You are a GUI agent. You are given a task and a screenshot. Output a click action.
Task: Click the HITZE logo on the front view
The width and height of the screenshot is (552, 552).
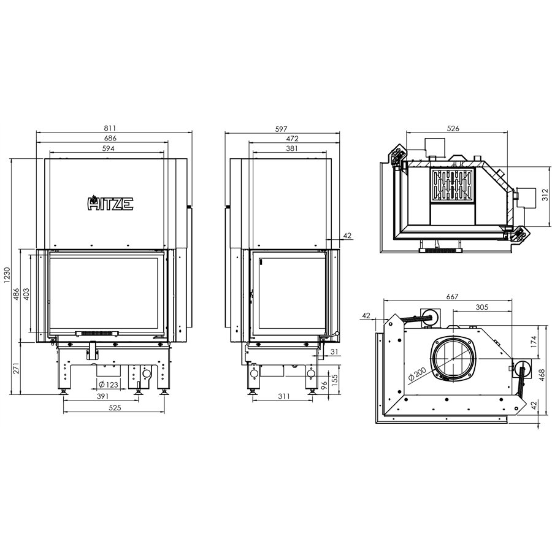(110, 203)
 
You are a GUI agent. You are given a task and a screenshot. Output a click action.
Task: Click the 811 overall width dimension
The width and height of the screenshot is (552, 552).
(110, 129)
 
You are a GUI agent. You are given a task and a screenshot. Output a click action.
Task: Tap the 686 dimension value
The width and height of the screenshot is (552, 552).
(110, 139)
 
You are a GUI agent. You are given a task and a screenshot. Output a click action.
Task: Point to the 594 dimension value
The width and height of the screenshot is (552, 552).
(108, 148)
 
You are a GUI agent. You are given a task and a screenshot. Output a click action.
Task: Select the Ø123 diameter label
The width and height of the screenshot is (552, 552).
(108, 384)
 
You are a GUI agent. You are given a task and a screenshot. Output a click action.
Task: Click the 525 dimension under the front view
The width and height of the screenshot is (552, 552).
(115, 408)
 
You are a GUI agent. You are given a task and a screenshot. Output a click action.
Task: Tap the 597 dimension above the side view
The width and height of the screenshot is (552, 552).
(281, 129)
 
